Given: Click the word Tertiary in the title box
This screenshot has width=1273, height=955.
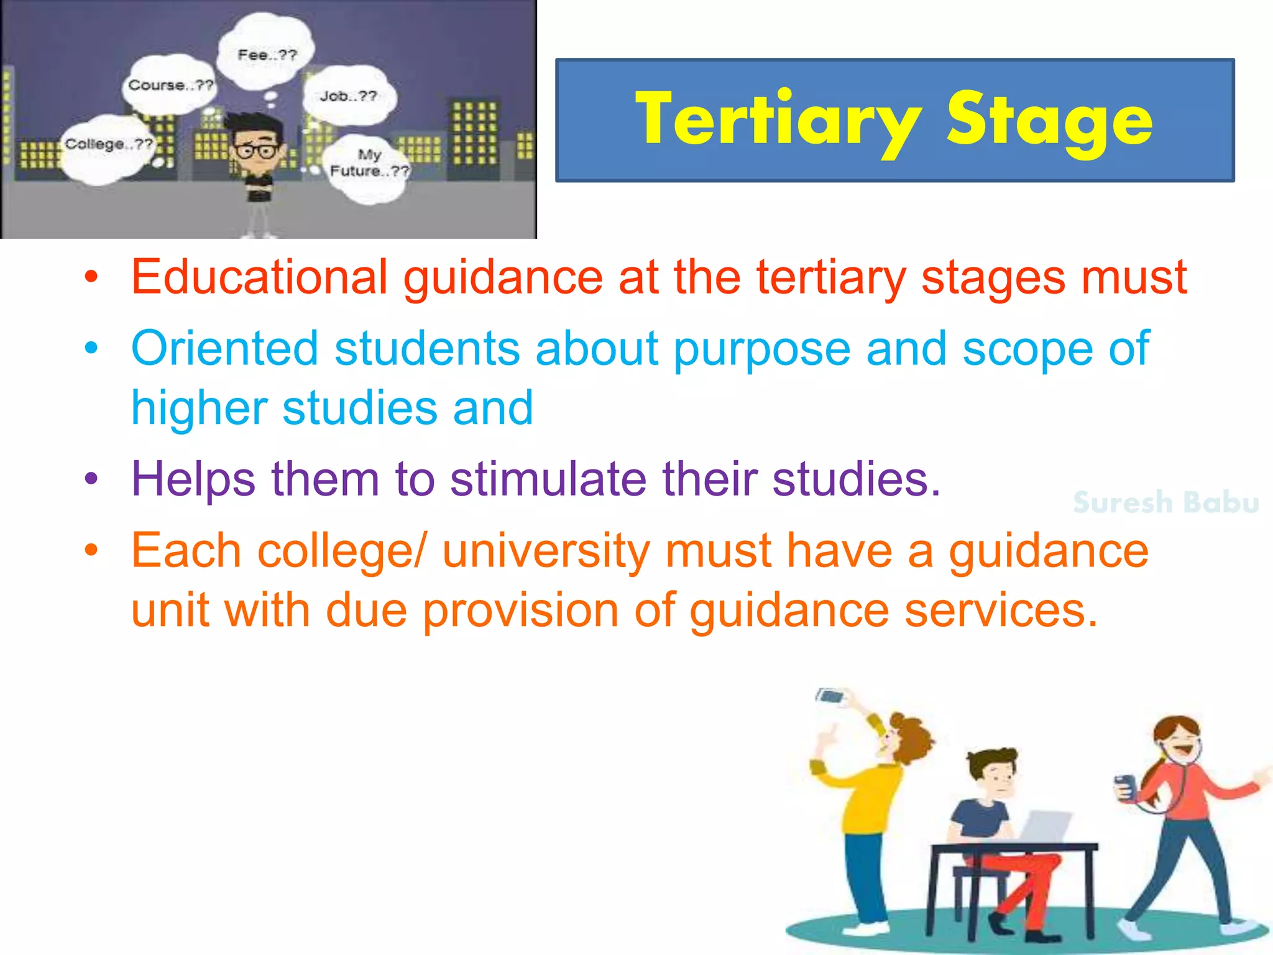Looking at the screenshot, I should pyautogui.click(x=777, y=119).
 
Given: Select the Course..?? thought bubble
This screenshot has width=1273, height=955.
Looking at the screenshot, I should pyautogui.click(x=170, y=85).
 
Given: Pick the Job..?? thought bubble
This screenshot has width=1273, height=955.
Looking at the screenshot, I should pyautogui.click(x=348, y=96).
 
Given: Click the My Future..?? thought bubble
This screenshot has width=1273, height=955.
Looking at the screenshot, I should pyautogui.click(x=369, y=164).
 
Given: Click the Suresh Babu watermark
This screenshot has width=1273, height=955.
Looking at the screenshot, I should pyautogui.click(x=1165, y=502).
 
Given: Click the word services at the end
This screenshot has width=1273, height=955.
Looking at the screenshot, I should pyautogui.click(x=1001, y=611).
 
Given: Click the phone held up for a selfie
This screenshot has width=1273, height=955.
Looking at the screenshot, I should pyautogui.click(x=832, y=696).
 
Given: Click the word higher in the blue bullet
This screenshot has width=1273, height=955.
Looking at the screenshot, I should pyautogui.click(x=198, y=408).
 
